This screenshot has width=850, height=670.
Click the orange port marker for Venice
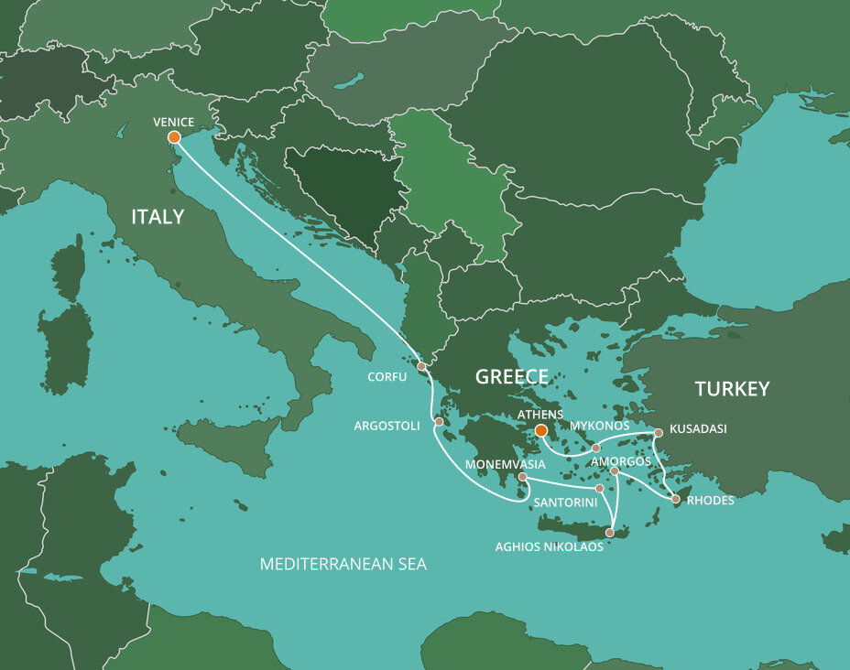click(174, 138)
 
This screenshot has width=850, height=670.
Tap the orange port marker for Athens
click(540, 430)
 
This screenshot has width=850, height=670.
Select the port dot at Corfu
click(421, 366)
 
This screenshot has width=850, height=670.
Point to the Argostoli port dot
click(439, 422)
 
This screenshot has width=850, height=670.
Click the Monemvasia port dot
click(522, 477)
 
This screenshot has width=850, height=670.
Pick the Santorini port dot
click(599, 489)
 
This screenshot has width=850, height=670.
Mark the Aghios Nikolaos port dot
click(609, 532)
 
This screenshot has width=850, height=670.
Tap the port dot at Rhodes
click(676, 500)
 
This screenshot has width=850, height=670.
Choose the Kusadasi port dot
click(658, 433)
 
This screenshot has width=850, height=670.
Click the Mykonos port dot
click(595, 448)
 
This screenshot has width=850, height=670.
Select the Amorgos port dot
click(615, 471)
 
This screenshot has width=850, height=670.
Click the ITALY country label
click(158, 217)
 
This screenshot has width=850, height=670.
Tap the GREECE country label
click(511, 376)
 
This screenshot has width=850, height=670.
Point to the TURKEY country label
click(732, 388)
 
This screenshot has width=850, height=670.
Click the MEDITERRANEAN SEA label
click(343, 565)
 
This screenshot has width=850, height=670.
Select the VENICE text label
click(174, 121)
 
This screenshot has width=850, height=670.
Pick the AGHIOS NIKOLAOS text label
click(549, 546)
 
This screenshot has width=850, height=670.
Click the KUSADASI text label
click(701, 427)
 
